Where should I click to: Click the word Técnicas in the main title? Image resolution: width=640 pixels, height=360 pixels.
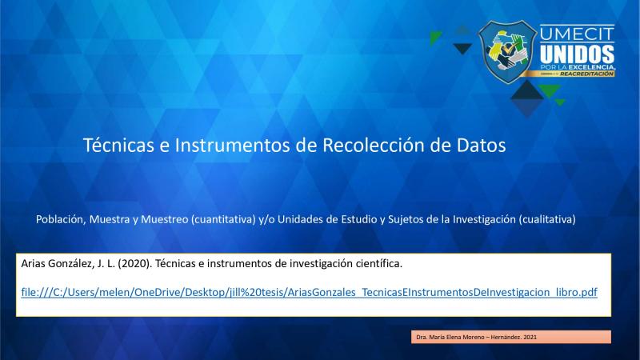click(x=118, y=145)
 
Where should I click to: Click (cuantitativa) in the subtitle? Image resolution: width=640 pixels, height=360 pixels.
click(x=223, y=219)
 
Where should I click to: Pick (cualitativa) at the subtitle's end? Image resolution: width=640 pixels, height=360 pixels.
click(x=547, y=219)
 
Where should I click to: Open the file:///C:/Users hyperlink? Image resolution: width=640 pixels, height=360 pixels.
click(x=309, y=292)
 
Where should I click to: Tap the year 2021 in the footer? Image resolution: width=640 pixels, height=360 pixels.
click(x=530, y=337)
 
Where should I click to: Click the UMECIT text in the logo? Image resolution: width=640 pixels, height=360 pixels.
click(x=577, y=34)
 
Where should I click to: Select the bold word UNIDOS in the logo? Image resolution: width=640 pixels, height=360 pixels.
click(x=577, y=54)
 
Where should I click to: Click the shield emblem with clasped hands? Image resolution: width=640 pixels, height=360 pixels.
click(x=507, y=52)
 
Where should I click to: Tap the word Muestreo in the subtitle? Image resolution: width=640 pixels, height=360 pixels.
click(x=165, y=219)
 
